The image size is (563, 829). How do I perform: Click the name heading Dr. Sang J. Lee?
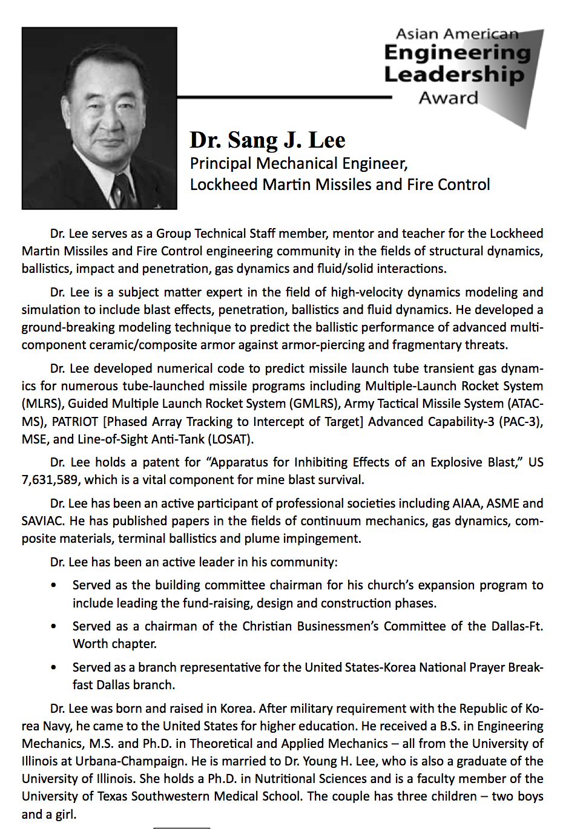267,140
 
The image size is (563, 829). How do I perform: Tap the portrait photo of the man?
99,118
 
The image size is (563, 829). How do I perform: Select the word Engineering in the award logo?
457,53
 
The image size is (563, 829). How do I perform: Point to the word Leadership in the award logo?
453,75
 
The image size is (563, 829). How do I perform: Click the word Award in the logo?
448,98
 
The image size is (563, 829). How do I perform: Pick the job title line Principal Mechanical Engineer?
298,164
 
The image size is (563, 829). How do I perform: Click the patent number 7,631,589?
50,480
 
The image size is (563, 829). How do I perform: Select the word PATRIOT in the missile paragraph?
75,422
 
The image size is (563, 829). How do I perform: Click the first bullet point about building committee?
54,586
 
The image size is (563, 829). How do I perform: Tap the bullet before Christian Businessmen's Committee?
54,627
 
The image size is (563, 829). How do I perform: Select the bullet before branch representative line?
54,668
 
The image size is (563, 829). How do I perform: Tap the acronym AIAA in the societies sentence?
467,504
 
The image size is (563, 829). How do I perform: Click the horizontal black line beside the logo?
285,97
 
